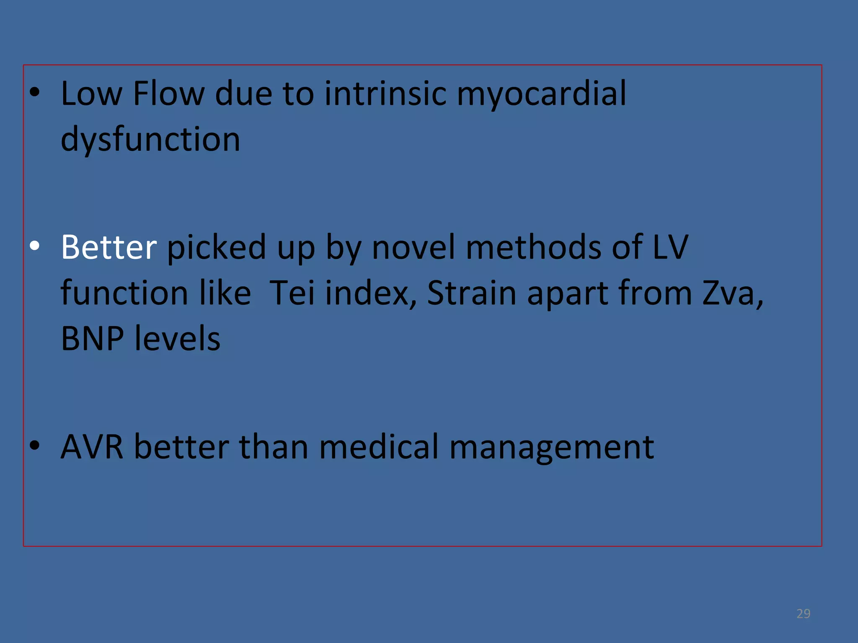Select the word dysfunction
[150, 140]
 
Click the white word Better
[109, 247]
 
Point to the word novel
[413, 247]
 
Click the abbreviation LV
[670, 247]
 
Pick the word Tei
[292, 293]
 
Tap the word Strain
[472, 293]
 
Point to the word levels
[177, 338]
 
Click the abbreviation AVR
[92, 447]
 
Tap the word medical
[379, 447]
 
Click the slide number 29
[803, 614]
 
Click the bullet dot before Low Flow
[35, 93]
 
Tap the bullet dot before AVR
[35, 446]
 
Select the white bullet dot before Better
[35, 247]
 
